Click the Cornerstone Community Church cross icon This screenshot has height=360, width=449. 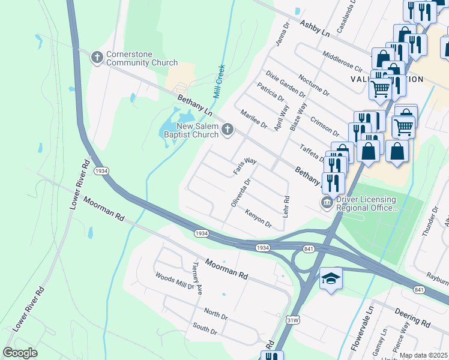coord(97,58)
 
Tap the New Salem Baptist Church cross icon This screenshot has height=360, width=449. coord(228,129)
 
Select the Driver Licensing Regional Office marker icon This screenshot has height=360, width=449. coord(327,203)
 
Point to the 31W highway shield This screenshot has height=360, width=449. coord(294,320)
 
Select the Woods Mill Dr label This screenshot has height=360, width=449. coord(175,282)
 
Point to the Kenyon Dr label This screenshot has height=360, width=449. coord(258,219)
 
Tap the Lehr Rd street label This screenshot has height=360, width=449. coord(286,207)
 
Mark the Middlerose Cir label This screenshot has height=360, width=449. coord(342,62)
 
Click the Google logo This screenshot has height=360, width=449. coord(20,353)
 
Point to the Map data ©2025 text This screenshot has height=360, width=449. coord(423,355)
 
